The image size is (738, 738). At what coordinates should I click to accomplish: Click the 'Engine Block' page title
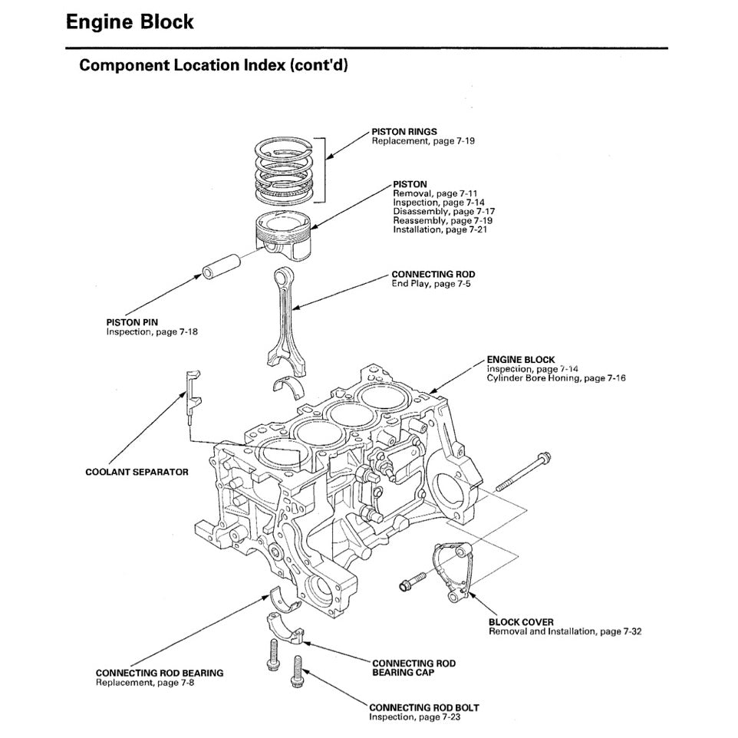130,21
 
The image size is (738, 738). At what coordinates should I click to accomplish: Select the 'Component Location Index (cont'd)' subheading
214,65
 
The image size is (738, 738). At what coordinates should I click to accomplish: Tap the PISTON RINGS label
404,132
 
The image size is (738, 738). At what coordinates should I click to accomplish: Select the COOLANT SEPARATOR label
137,473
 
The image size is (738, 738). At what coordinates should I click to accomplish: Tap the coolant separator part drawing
191,395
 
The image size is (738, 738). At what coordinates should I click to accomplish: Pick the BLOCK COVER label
521,622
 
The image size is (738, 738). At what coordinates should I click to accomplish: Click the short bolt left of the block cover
413,582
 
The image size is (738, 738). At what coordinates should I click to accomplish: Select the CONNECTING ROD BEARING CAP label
413,667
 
